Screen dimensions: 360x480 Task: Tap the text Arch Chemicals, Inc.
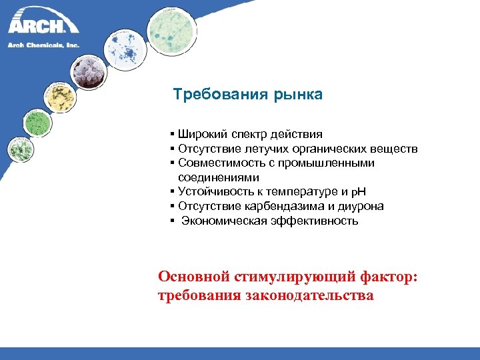[43, 45]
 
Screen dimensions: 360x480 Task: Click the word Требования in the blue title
[220, 95]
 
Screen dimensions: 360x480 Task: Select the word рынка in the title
[297, 95]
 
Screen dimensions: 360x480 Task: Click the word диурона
[360, 206]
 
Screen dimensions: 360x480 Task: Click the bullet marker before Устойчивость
[173, 192]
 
